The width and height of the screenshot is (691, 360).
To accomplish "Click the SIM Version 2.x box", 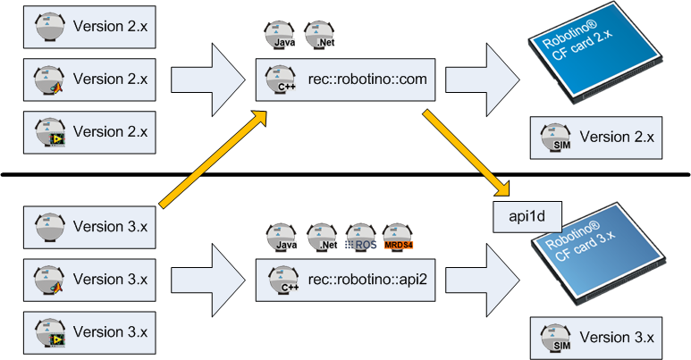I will [600, 137].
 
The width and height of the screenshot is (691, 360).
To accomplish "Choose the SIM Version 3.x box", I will [600, 337].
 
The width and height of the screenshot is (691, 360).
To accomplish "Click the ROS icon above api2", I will [359, 238].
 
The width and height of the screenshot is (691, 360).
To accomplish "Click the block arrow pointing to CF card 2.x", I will [482, 80].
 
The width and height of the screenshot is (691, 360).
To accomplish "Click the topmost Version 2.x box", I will [89, 28].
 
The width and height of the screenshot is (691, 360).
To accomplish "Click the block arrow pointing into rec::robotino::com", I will [206, 80].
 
